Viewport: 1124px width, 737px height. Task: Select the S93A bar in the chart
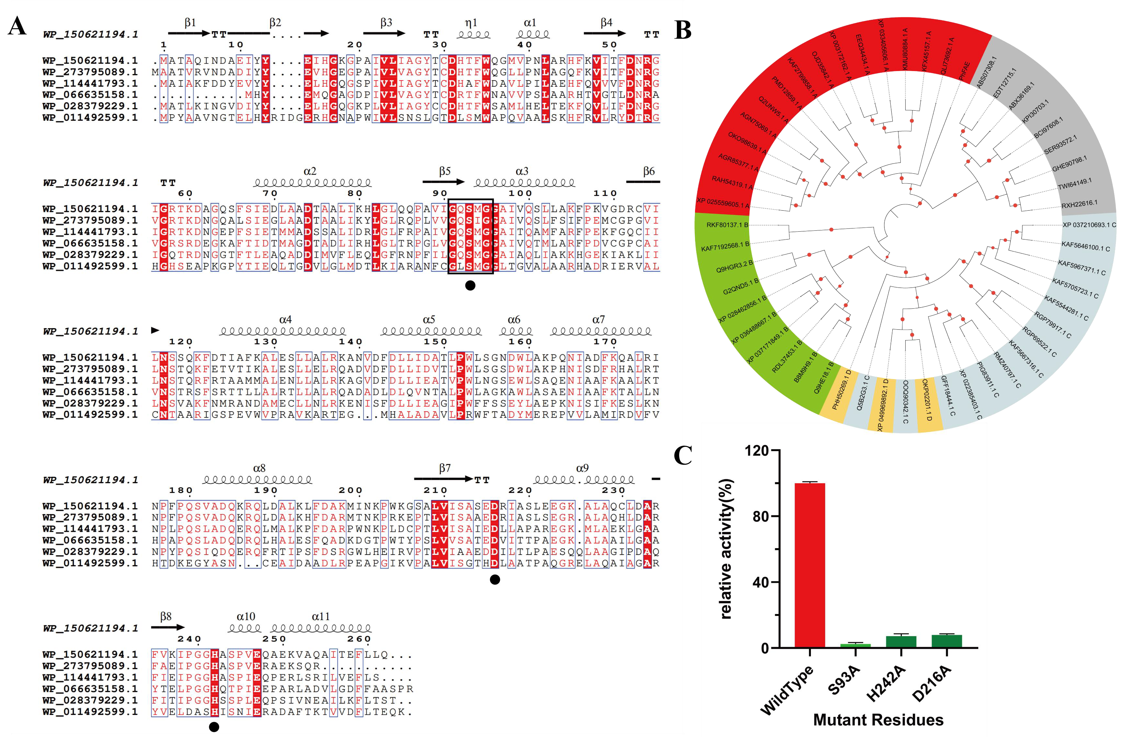pos(855,645)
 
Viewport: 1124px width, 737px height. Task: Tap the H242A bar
pos(901,642)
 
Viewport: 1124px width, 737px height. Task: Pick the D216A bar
pos(947,641)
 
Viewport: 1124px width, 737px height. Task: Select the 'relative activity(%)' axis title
pos(726,548)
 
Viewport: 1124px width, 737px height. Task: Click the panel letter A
pos(18,26)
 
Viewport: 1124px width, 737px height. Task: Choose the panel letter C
pos(683,456)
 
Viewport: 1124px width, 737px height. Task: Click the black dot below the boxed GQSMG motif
pos(470,285)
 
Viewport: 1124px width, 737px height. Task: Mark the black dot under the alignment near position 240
pos(214,727)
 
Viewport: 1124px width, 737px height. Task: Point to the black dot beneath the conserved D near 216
pos(495,579)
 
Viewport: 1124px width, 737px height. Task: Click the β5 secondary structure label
pos(445,171)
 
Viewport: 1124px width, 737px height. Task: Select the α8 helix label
pos(259,468)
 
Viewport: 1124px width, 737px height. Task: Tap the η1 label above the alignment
pos(471,23)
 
